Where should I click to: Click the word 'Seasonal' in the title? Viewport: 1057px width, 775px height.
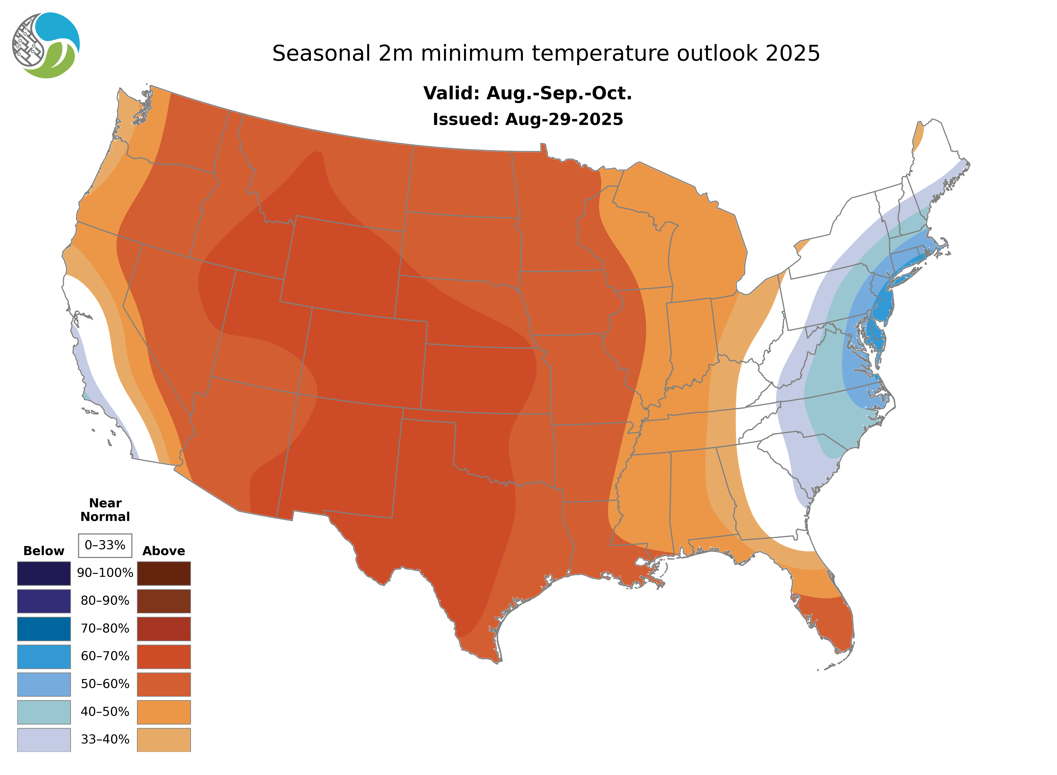click(x=321, y=53)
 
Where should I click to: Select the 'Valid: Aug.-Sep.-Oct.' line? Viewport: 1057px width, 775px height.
click(x=527, y=93)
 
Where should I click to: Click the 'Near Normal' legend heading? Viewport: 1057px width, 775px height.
click(x=105, y=510)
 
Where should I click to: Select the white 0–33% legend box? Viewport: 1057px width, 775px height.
click(x=105, y=545)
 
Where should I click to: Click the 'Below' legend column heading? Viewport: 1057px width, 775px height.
click(x=44, y=551)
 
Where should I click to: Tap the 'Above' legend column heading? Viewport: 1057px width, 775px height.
click(x=164, y=551)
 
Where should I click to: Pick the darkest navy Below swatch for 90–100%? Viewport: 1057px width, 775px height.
click(x=44, y=573)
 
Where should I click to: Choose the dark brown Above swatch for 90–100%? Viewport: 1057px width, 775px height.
click(x=164, y=573)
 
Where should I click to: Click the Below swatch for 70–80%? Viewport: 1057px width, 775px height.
click(x=44, y=629)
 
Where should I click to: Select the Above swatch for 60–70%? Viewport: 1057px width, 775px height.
click(x=164, y=656)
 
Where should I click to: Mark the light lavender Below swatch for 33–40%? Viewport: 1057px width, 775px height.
click(x=44, y=739)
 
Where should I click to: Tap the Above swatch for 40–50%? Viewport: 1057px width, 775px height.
click(x=164, y=712)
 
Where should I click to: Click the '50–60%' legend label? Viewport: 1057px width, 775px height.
click(x=105, y=684)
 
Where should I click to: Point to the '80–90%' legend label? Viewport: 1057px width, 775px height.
click(x=105, y=601)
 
